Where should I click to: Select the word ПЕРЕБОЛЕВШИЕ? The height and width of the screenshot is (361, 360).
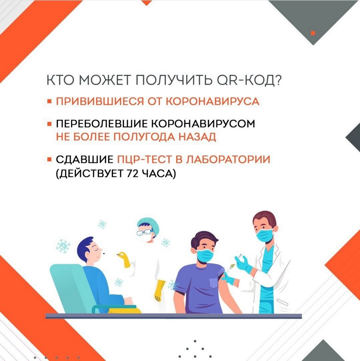pyautogui.click(x=102, y=124)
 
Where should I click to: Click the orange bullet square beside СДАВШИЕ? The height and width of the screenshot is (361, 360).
pyautogui.click(x=49, y=159)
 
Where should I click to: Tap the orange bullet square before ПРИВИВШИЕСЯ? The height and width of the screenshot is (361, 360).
pyautogui.click(x=49, y=101)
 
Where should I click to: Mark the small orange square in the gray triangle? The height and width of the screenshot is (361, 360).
pyautogui.click(x=313, y=33)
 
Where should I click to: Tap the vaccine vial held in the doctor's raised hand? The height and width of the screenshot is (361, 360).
pyautogui.click(x=240, y=256)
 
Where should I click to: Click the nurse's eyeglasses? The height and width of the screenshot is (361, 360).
pyautogui.click(x=144, y=232)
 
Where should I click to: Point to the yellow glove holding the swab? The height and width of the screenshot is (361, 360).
pyautogui.click(x=124, y=259)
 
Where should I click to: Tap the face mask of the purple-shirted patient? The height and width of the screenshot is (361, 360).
pyautogui.click(x=205, y=256)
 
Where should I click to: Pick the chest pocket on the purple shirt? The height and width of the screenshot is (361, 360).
pyautogui.click(x=214, y=283)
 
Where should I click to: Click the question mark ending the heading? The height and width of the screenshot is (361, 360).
pyautogui.click(x=278, y=80)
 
